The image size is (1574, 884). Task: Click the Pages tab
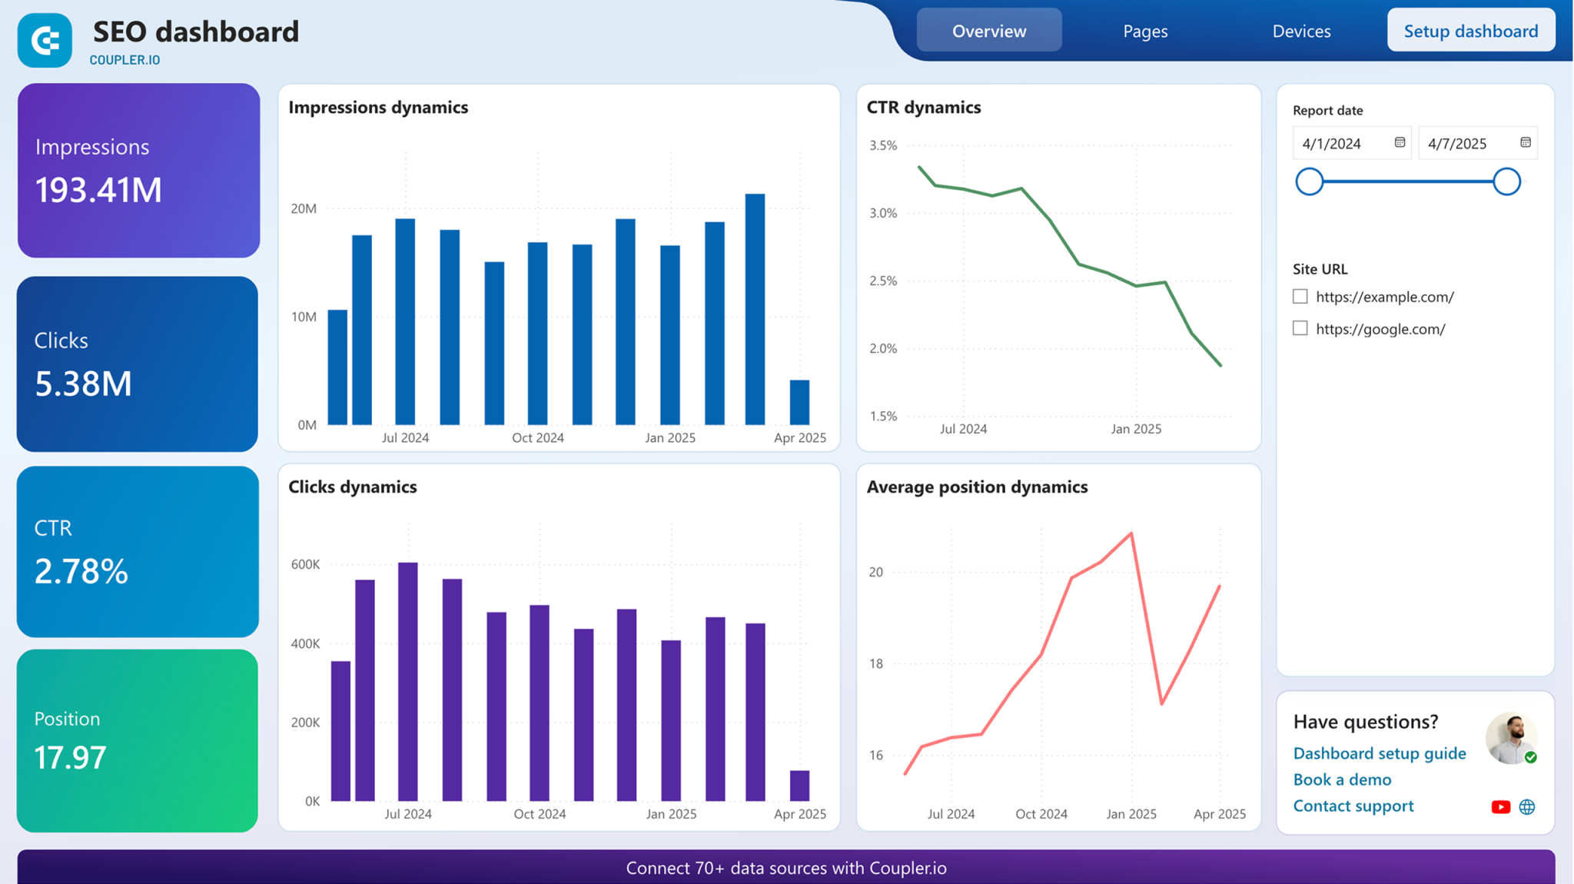tap(1144, 32)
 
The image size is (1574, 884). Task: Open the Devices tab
tap(1301, 32)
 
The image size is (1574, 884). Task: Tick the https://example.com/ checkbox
tap(1300, 296)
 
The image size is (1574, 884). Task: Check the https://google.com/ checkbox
tap(1300, 328)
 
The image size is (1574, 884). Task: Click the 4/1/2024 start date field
tap(1341, 144)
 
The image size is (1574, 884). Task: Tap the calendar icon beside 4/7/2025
tap(1525, 142)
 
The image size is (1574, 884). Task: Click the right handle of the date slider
tap(1506, 182)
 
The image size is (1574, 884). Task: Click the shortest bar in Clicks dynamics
tap(799, 785)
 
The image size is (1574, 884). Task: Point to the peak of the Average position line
tap(1131, 533)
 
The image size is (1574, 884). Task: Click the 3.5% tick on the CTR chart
tap(883, 145)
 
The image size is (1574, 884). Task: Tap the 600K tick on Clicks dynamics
tap(305, 564)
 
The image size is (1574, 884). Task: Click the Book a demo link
tap(1342, 779)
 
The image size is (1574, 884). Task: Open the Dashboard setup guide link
tap(1379, 753)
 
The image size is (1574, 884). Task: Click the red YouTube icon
tap(1500, 806)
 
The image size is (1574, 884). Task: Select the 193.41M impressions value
tap(98, 190)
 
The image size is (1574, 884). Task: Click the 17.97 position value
tap(70, 758)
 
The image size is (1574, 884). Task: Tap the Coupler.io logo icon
tap(45, 40)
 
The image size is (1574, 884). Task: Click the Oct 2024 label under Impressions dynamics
tap(537, 437)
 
